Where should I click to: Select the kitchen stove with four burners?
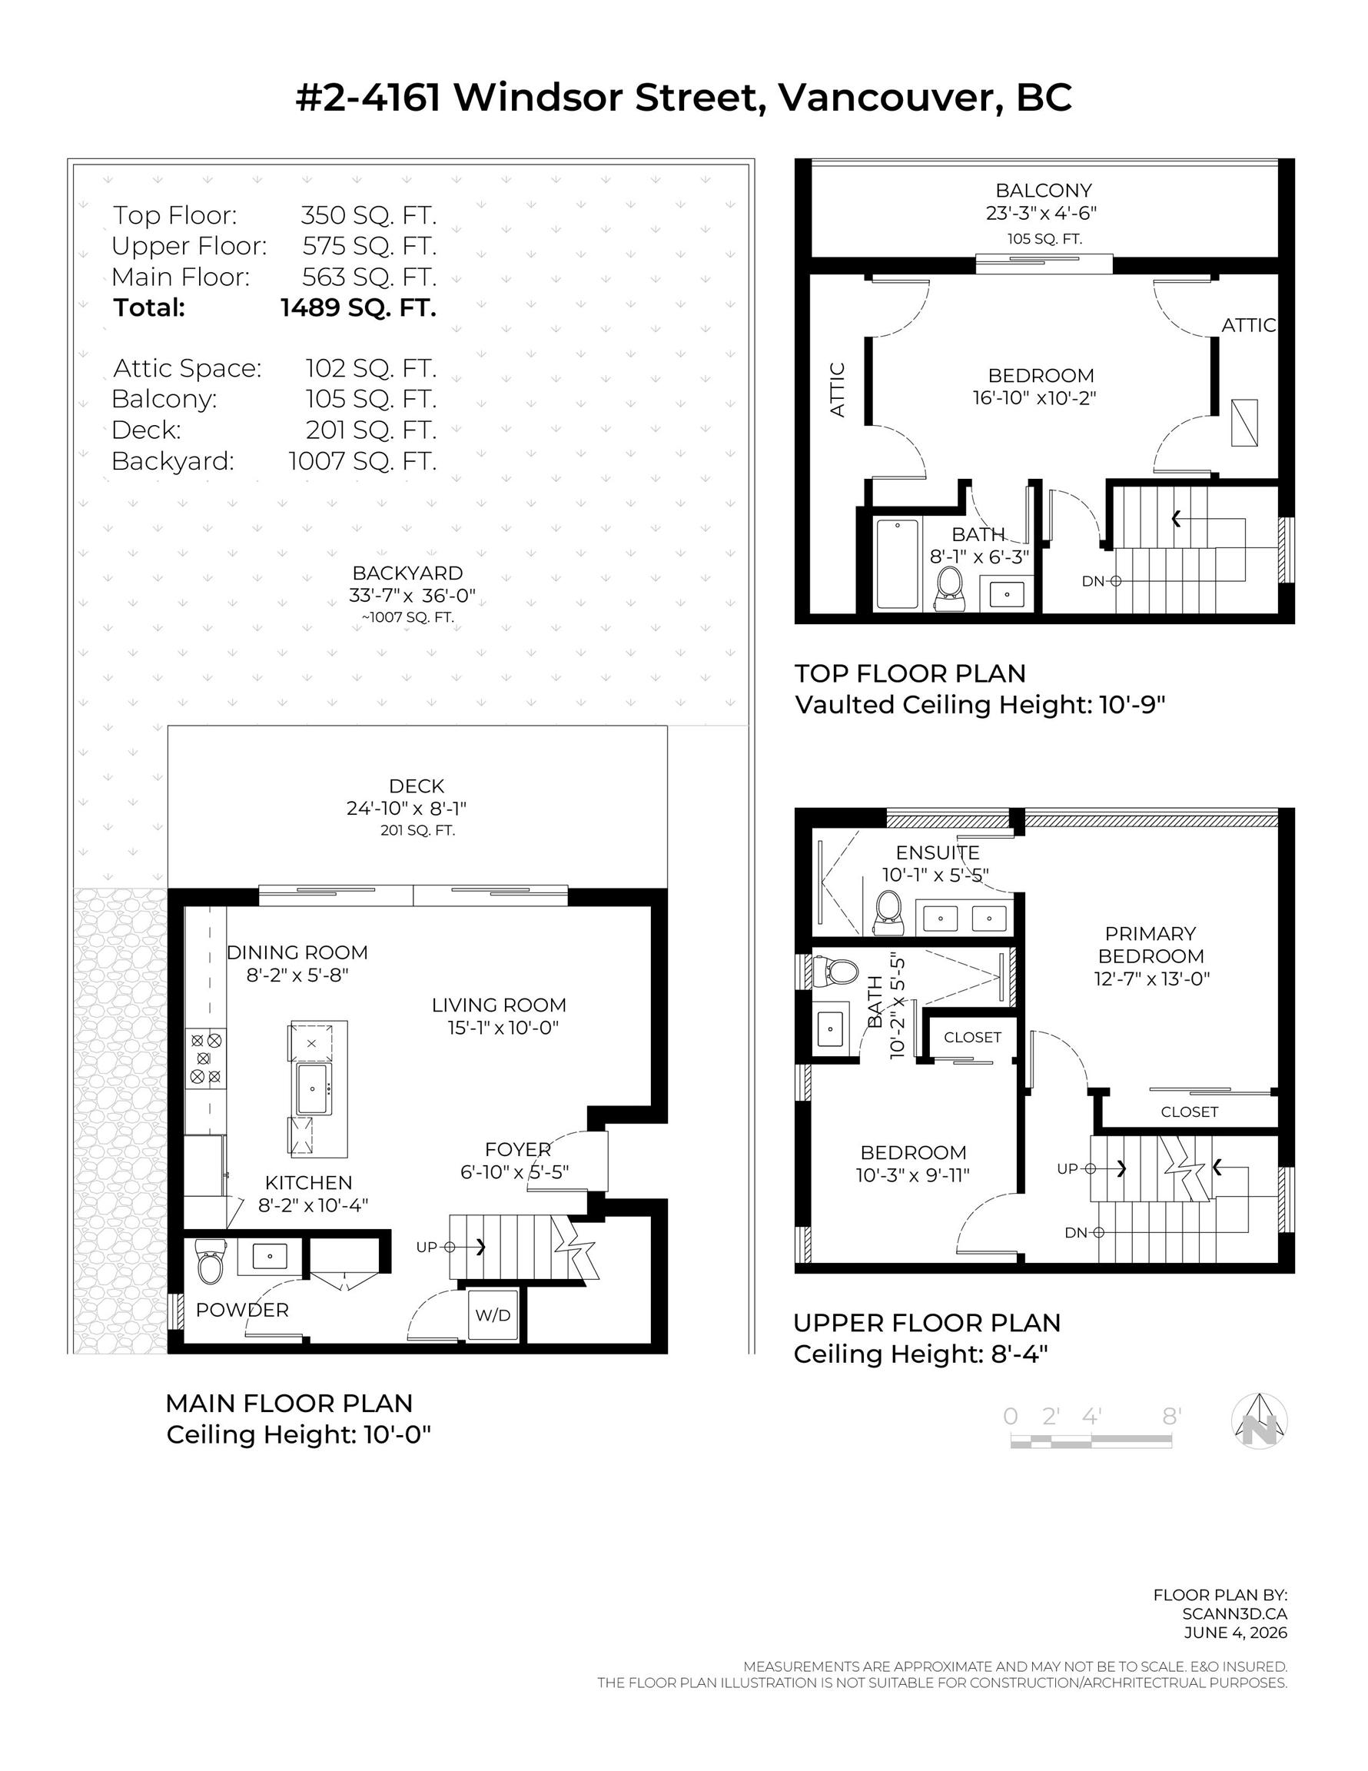point(206,1058)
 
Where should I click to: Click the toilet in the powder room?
point(210,1261)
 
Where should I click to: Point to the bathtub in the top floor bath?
point(897,563)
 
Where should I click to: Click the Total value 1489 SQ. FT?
point(358,307)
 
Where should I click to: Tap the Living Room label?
point(499,1005)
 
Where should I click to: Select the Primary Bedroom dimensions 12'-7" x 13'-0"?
point(1151,978)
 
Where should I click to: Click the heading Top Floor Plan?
point(910,673)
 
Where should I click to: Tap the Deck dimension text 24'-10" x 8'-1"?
point(407,809)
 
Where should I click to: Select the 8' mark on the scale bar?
point(1171,1416)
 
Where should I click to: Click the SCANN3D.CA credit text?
point(1234,1613)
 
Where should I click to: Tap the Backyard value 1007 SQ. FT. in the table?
point(363,460)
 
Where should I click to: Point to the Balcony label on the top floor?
point(1044,191)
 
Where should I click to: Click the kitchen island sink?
point(313,1088)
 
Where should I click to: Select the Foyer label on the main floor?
point(518,1149)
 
